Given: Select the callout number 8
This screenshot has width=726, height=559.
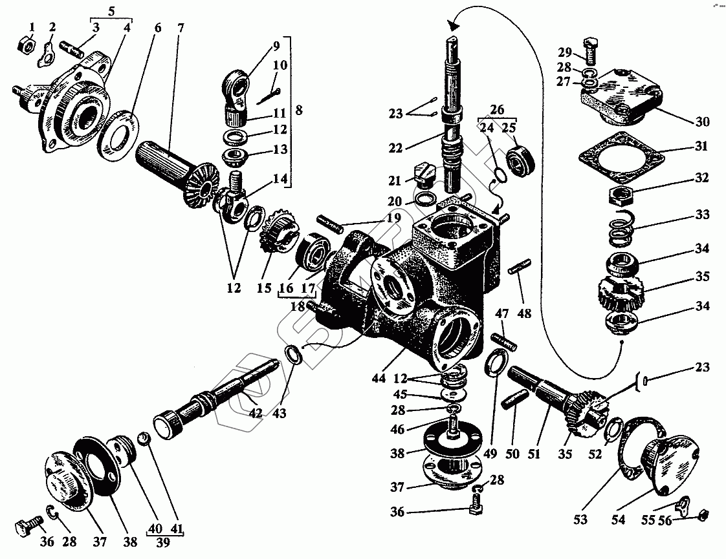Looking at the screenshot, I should (300, 111).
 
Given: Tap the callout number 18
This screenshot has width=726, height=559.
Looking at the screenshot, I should (298, 306).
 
